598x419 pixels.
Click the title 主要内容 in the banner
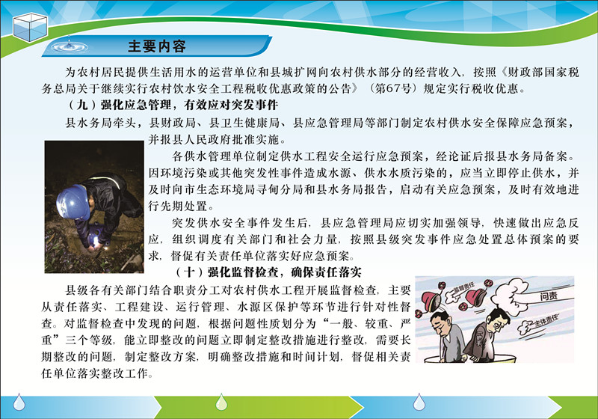pos(157,46)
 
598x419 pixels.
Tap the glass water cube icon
pos(30,27)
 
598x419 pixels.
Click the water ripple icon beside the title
pos(70,46)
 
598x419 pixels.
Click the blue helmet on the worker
pos(73,202)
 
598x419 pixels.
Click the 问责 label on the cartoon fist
pos(549,295)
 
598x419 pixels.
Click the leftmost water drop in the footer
pos(19,403)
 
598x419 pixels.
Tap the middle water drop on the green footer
pos(221,403)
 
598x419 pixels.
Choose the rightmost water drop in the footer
pos(419,403)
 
